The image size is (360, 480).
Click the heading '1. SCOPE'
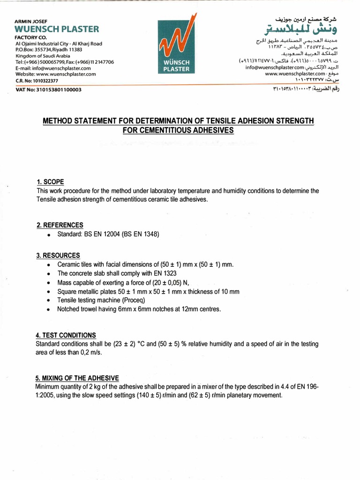[x=50, y=182]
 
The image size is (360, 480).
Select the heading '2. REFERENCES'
[x=60, y=225]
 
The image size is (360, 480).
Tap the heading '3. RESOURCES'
[x=58, y=255]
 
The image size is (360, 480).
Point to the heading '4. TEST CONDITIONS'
[x=66, y=335]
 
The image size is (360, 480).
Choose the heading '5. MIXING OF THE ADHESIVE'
[x=77, y=378]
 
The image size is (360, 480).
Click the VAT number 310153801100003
[x=48, y=90]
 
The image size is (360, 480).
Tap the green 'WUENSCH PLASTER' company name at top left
[x=57, y=29]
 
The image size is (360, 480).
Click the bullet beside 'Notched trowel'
[x=49, y=309]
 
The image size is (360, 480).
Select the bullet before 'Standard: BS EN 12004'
[x=49, y=234]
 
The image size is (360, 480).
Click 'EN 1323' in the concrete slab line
[x=165, y=282]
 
